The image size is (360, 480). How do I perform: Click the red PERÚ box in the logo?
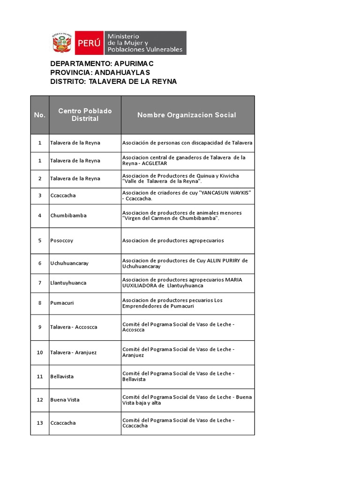pos(89,43)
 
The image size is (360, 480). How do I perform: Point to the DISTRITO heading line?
pos(113,82)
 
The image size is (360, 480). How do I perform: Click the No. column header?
pos(40,115)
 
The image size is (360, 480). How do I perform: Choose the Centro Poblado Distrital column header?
pos(85,115)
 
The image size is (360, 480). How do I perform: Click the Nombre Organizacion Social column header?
pos(187,115)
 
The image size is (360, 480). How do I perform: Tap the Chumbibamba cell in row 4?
pos(68,216)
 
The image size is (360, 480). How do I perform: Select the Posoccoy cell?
pos(62,240)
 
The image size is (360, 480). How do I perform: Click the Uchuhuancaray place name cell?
pos(69,263)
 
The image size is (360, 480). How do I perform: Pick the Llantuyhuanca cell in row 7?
pos(68,283)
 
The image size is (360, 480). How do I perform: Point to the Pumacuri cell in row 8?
pos(62,303)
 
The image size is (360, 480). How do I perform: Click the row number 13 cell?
pos(40,423)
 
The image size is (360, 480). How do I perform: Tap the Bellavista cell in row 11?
pos(62,376)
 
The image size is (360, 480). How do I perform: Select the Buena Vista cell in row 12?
pos(65,400)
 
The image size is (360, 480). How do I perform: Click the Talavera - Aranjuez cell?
pos(74,352)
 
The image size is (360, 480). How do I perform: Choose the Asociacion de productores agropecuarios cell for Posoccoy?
pos(173,240)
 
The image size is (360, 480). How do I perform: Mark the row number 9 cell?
pos(40,327)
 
